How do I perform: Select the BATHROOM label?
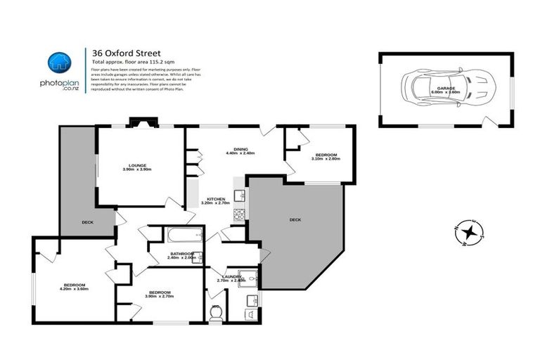[x=181, y=255]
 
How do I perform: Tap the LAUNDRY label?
[x=232, y=278]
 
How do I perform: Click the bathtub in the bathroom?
[x=184, y=236]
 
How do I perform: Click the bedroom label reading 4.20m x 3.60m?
[x=74, y=285]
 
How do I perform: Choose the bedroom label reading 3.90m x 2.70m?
[x=158, y=294]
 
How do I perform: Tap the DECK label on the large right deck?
[x=295, y=220]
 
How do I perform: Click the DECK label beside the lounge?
[x=87, y=222]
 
